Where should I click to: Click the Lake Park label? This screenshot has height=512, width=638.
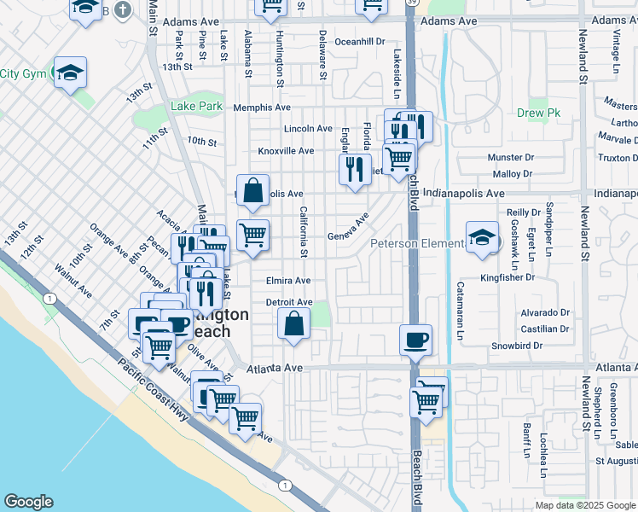[196, 107]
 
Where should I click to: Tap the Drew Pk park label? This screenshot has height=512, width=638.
[535, 113]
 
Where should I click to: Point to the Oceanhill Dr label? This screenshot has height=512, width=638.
[360, 41]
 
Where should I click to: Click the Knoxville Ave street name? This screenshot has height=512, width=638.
[287, 151]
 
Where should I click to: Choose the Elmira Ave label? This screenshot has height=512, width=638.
[288, 280]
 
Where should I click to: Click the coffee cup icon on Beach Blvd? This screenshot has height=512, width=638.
[415, 340]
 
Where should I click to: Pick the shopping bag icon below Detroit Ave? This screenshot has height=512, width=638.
[293, 324]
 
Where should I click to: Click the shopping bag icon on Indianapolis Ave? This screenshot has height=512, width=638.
[253, 191]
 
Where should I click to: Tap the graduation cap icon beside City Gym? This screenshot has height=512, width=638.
[70, 72]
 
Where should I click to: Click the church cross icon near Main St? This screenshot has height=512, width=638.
[124, 9]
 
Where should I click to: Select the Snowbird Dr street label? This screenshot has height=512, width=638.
[517, 346]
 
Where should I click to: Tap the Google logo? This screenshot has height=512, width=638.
[28, 502]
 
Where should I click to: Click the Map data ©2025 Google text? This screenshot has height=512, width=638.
[584, 505]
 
